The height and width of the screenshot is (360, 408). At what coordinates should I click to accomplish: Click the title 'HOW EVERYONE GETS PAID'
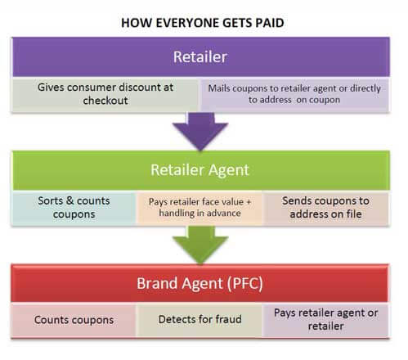203,23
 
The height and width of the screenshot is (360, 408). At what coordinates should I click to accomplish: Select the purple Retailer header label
200,57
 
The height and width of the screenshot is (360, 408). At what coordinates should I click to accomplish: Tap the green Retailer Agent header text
200,170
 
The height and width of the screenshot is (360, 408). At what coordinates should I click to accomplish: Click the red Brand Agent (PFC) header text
200,283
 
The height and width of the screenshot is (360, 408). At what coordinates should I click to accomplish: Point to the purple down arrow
200,131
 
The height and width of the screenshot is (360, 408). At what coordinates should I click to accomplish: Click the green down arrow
200,245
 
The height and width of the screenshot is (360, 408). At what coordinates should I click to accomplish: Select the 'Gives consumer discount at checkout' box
105,94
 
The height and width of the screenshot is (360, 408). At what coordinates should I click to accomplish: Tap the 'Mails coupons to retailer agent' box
294,94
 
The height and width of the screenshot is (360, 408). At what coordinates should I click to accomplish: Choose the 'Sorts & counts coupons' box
74,208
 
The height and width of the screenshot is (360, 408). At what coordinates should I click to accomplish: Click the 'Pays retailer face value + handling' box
200,208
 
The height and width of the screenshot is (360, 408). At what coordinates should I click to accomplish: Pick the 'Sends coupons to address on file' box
325,208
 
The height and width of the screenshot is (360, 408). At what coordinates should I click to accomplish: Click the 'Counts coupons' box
74,321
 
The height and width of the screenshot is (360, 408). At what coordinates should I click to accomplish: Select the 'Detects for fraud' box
200,321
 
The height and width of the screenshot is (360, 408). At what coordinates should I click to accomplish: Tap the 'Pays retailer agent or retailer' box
325,321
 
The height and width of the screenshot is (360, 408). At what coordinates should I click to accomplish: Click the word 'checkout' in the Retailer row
105,101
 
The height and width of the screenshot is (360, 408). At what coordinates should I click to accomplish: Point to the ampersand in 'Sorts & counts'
69,200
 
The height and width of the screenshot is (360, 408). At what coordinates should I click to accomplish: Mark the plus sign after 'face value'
249,202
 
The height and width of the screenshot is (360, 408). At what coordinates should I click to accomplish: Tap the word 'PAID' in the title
270,23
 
